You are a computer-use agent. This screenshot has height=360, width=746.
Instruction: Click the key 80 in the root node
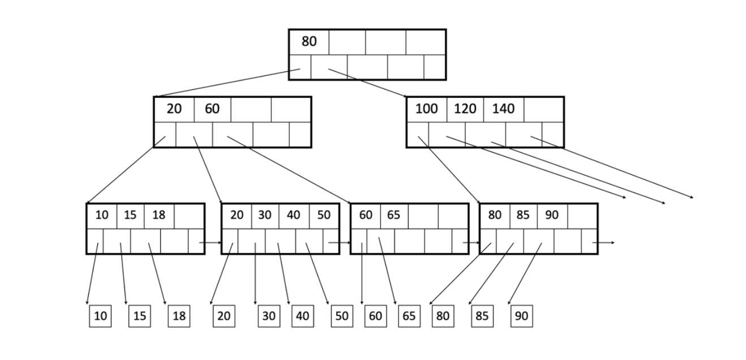309,41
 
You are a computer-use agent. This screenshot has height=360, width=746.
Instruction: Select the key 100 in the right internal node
426,109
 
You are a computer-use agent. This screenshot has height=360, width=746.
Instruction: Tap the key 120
465,109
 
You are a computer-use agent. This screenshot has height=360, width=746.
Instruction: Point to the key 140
503,109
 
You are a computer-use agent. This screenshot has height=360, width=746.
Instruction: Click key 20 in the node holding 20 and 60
174,109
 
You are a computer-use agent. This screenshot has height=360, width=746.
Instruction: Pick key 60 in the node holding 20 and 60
212,109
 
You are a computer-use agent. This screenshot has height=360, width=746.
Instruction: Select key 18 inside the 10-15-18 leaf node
159,215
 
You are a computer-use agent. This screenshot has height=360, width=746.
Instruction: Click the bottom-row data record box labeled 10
100,316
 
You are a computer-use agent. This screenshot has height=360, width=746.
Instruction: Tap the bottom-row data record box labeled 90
521,316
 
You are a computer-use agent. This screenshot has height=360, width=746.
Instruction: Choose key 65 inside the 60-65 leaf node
393,215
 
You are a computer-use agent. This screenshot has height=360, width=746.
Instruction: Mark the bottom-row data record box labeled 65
408,316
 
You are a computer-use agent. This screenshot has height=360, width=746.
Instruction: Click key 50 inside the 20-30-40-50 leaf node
324,215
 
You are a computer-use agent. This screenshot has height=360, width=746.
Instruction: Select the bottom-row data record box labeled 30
268,316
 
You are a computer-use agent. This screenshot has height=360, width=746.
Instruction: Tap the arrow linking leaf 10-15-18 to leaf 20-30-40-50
211,242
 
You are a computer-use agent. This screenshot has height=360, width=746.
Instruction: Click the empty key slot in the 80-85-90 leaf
582,215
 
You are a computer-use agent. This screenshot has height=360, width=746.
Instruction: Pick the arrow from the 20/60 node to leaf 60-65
289,169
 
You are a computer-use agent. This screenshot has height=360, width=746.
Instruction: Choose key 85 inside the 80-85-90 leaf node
523,215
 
